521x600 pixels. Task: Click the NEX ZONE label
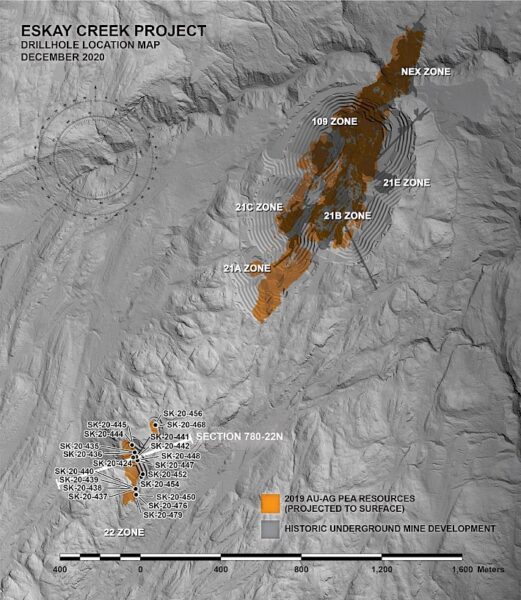tap(425, 72)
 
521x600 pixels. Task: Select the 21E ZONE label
tap(405, 183)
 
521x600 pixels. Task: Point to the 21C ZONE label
tap(257, 207)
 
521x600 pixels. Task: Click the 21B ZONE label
tap(347, 215)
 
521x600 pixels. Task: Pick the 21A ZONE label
tap(247, 268)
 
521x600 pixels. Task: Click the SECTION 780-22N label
tap(244, 438)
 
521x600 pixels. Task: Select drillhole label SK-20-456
tap(183, 414)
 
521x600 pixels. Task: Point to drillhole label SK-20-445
tap(106, 425)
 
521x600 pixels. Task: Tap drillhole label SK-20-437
tap(87, 496)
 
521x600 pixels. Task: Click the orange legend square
tap(269, 502)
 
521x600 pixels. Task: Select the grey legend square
tap(269, 527)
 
